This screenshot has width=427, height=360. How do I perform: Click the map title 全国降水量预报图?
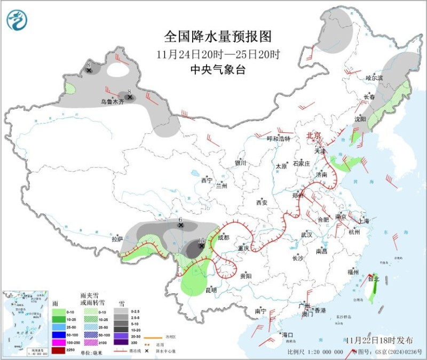(x=218, y=37)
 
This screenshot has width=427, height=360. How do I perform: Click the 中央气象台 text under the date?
(x=218, y=69)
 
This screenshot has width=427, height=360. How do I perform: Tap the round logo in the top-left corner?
(x=17, y=20)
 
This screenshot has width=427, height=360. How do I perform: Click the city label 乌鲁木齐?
(x=112, y=101)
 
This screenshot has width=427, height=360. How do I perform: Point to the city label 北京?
(x=313, y=136)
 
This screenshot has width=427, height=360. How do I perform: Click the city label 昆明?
(x=211, y=291)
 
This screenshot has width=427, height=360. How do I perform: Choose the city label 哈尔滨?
(x=374, y=78)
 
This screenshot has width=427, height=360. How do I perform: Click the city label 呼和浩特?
(x=278, y=139)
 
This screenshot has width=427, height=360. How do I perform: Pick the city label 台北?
(x=374, y=278)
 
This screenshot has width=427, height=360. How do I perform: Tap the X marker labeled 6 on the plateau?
(x=181, y=226)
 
